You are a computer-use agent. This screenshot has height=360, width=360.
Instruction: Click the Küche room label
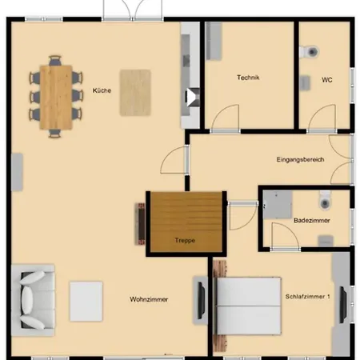click(102, 90)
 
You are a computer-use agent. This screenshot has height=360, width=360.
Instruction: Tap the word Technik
click(249, 78)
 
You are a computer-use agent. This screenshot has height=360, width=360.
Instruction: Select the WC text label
click(327, 79)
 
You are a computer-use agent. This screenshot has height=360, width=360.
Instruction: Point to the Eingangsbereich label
click(300, 160)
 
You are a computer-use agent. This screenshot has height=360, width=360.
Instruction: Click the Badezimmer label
click(311, 219)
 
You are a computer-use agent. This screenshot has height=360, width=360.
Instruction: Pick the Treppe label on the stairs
click(186, 239)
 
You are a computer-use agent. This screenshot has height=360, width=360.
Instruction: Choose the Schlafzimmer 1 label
click(308, 297)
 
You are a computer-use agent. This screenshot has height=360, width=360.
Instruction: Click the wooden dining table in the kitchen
click(56, 96)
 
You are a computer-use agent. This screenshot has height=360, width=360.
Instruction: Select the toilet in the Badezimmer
click(323, 198)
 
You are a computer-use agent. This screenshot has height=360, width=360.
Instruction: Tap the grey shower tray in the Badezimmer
click(278, 203)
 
